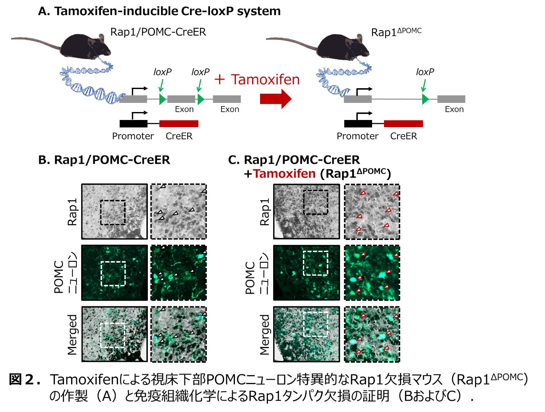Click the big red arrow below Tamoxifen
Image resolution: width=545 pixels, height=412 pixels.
275,99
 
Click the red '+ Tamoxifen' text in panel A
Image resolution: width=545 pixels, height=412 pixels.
257,79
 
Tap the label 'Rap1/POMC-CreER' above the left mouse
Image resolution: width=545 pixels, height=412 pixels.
158,32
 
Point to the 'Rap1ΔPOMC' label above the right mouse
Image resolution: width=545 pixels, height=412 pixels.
396,32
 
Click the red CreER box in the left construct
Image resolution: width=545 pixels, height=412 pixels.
179,124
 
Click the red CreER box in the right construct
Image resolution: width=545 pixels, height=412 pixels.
403,124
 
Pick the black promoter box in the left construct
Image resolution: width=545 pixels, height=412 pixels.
133,124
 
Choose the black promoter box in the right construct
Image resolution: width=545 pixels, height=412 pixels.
358,124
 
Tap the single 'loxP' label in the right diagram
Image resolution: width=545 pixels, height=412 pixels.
425,72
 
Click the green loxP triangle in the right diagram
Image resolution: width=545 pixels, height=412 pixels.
425,99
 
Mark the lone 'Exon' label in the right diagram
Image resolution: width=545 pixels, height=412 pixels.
454,109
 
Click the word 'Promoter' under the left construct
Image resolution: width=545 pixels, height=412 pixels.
133,136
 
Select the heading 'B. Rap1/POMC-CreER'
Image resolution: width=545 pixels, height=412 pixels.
104,160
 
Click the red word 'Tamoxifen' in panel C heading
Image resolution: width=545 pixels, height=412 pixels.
284,174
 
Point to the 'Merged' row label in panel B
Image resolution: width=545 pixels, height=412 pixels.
72,334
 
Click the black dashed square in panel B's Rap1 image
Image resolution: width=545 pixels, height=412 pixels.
113,213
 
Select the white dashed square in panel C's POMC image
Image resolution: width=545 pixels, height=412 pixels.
315,263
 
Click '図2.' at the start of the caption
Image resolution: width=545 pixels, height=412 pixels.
25,379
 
